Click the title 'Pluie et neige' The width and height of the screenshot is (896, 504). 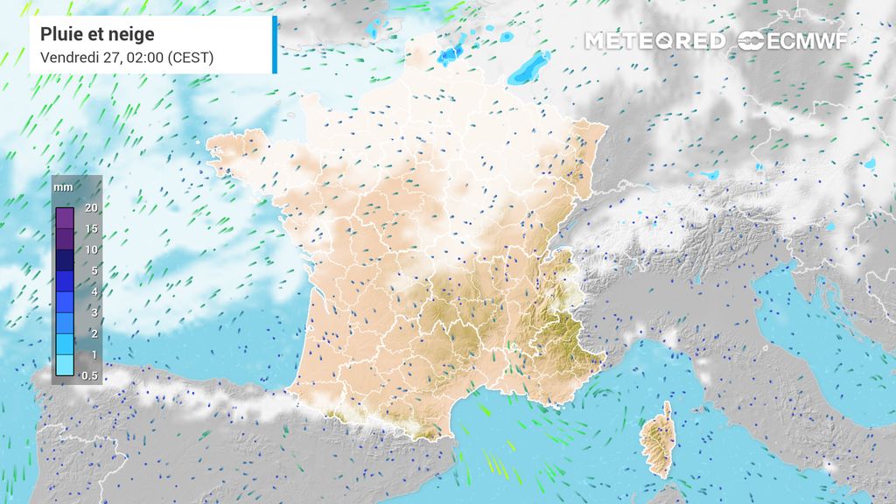[x=97, y=34]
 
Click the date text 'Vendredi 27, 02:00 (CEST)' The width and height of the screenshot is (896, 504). [x=127, y=58]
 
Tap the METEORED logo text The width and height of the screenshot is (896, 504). [x=655, y=41]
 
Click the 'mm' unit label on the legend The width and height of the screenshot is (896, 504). [x=64, y=187]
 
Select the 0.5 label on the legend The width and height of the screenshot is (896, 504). [x=89, y=375]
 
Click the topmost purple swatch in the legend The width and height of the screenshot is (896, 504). [x=65, y=218]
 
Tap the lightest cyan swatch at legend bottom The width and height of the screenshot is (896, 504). [x=65, y=365]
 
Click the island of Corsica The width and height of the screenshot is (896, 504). [x=657, y=442]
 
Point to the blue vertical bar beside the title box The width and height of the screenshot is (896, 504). [x=275, y=44]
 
